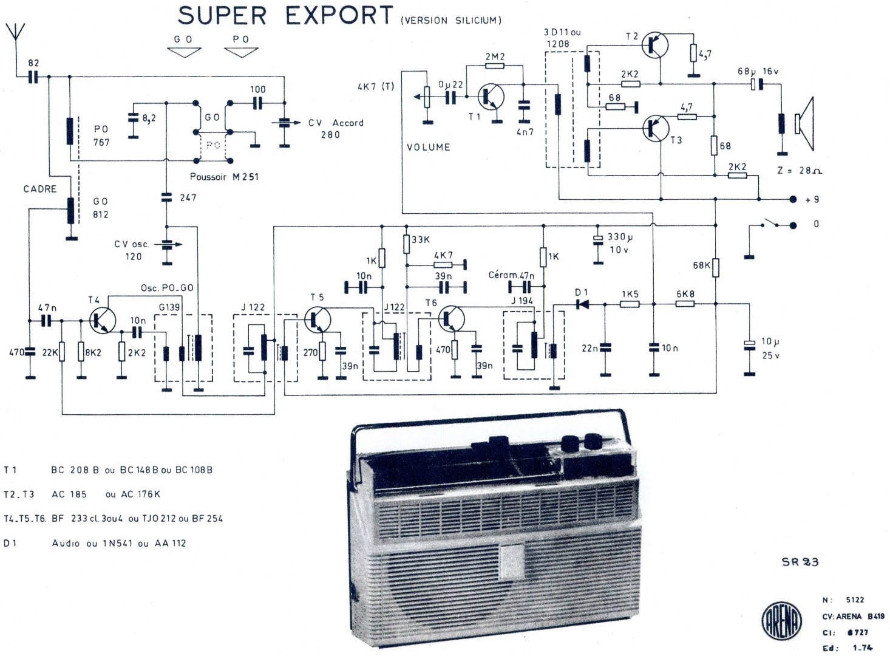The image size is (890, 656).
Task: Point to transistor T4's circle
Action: (101, 320)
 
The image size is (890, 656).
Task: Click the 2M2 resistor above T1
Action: (495, 66)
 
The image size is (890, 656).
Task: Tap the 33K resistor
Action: (406, 243)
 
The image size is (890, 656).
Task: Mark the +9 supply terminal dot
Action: (792, 199)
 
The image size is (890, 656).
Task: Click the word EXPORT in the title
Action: (339, 16)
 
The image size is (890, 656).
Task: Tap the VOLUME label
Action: (429, 147)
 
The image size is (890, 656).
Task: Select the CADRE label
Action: (40, 189)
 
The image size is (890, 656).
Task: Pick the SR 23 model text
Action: (800, 562)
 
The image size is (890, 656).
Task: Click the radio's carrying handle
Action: (486, 421)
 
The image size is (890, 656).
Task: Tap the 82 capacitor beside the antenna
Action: (33, 77)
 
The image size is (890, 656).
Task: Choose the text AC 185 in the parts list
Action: (69, 494)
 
